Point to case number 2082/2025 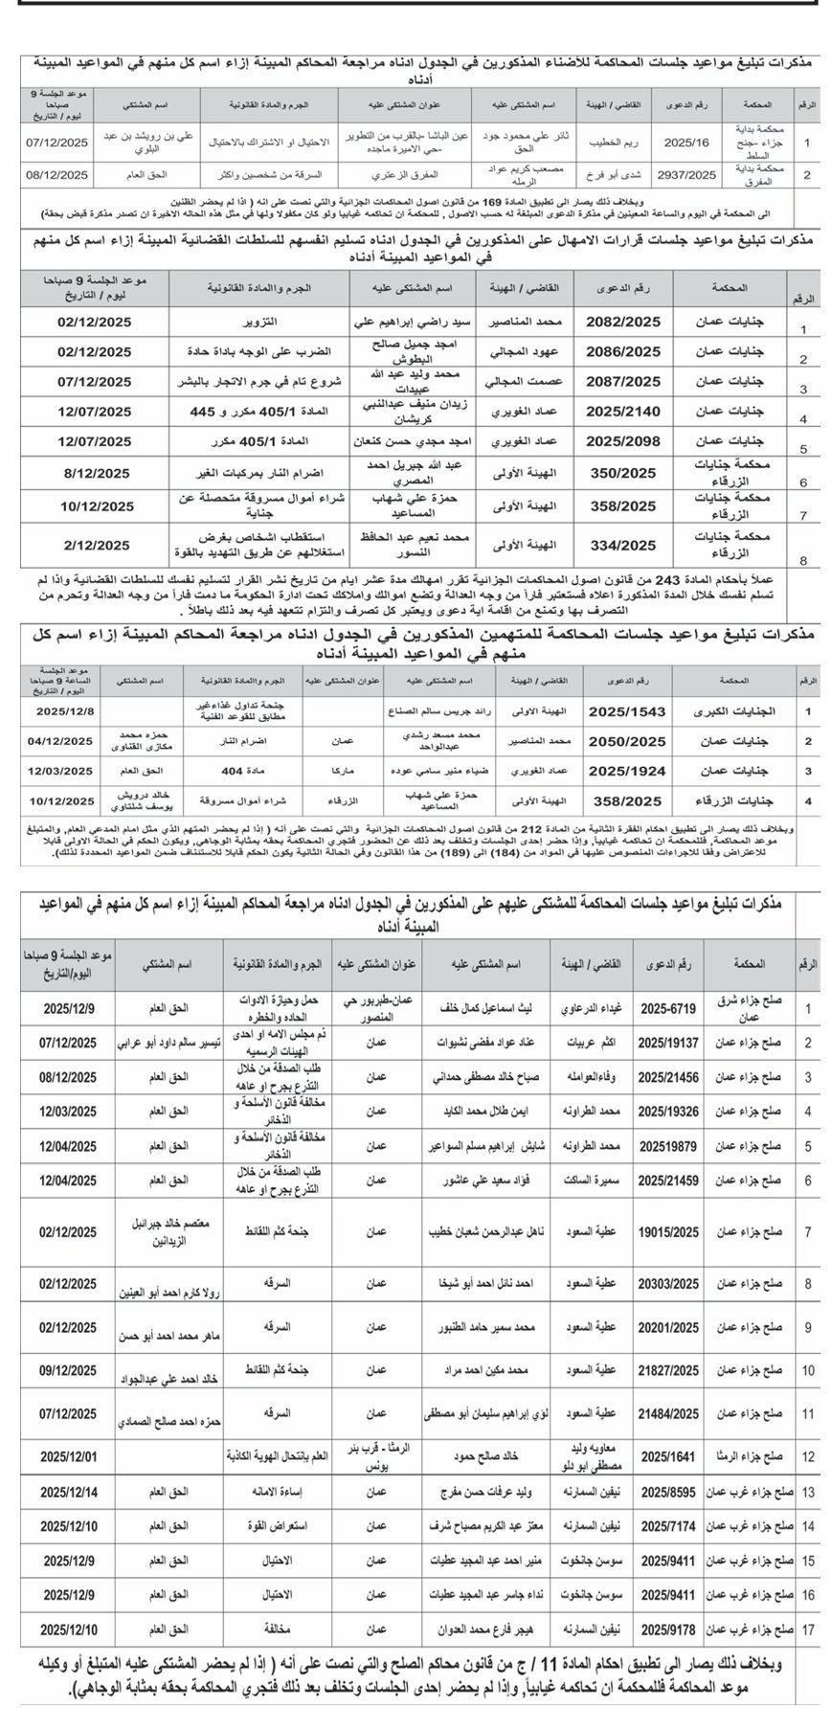623,323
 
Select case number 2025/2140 623,412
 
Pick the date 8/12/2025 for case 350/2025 93,473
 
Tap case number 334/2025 623,545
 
